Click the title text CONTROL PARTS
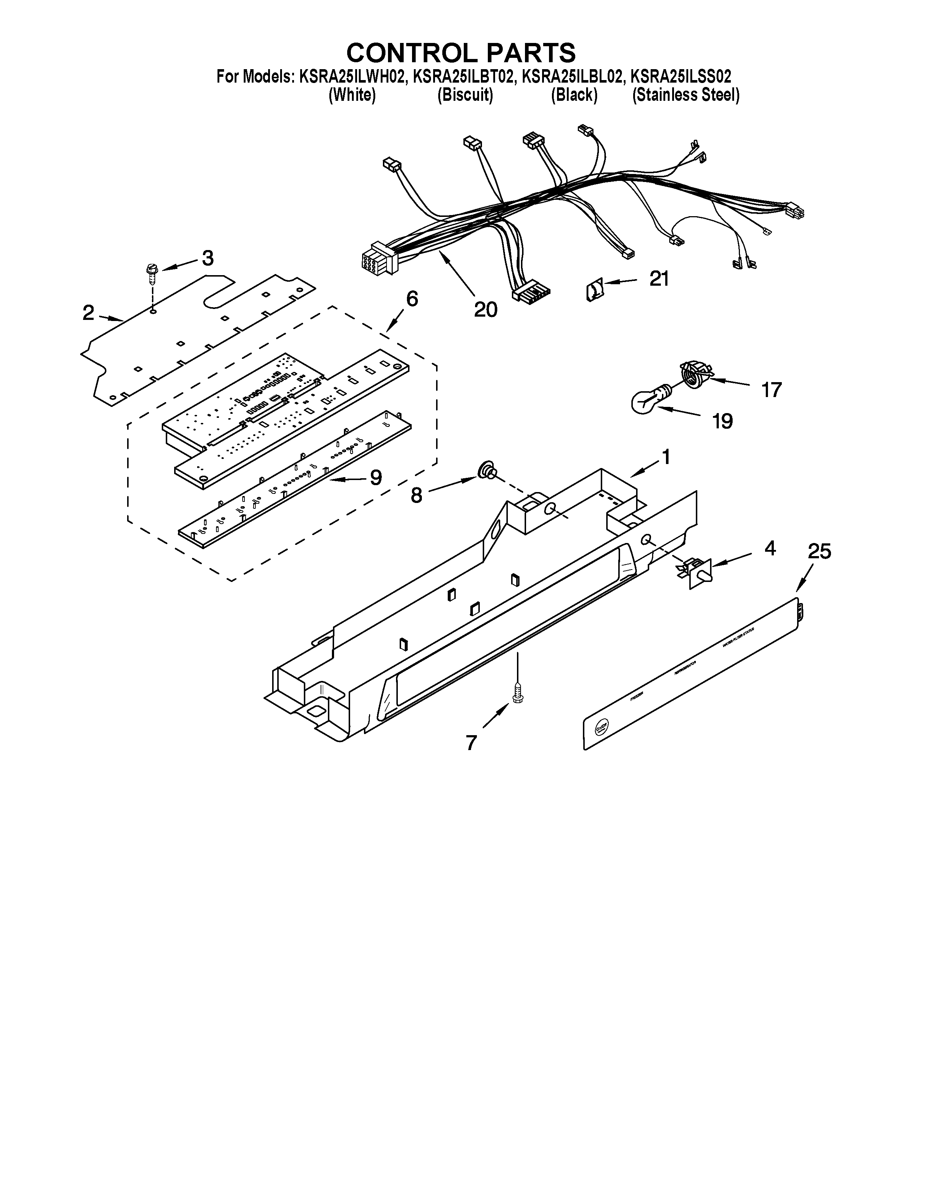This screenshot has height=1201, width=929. coord(461,53)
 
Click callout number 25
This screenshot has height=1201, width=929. coord(819,551)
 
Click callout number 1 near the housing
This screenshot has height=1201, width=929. coord(666,456)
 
